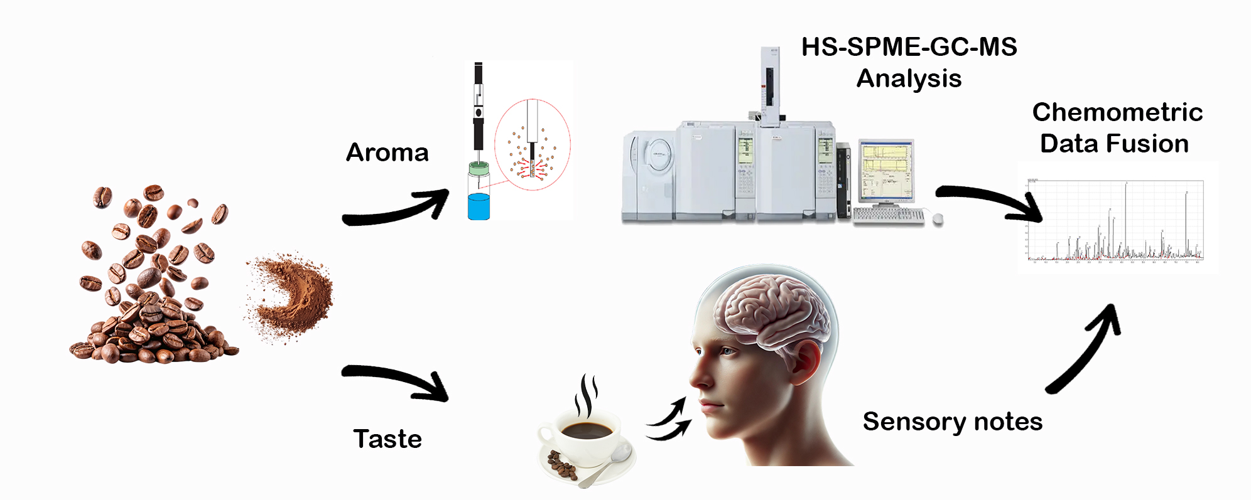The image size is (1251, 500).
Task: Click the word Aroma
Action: pos(387,152)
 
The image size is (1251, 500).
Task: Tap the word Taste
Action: pos(387,439)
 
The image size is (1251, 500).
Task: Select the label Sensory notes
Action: pos(952,422)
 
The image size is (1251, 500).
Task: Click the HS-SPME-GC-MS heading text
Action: pos(909,47)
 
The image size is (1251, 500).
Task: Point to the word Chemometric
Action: pos(1117,112)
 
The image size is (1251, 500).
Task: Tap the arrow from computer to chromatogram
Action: pos(989,201)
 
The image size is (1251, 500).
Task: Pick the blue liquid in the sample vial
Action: pos(479,206)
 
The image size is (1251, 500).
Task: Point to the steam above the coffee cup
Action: pos(587,395)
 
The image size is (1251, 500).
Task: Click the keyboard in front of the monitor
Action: pos(888,215)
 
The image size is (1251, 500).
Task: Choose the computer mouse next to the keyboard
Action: pos(938,218)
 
